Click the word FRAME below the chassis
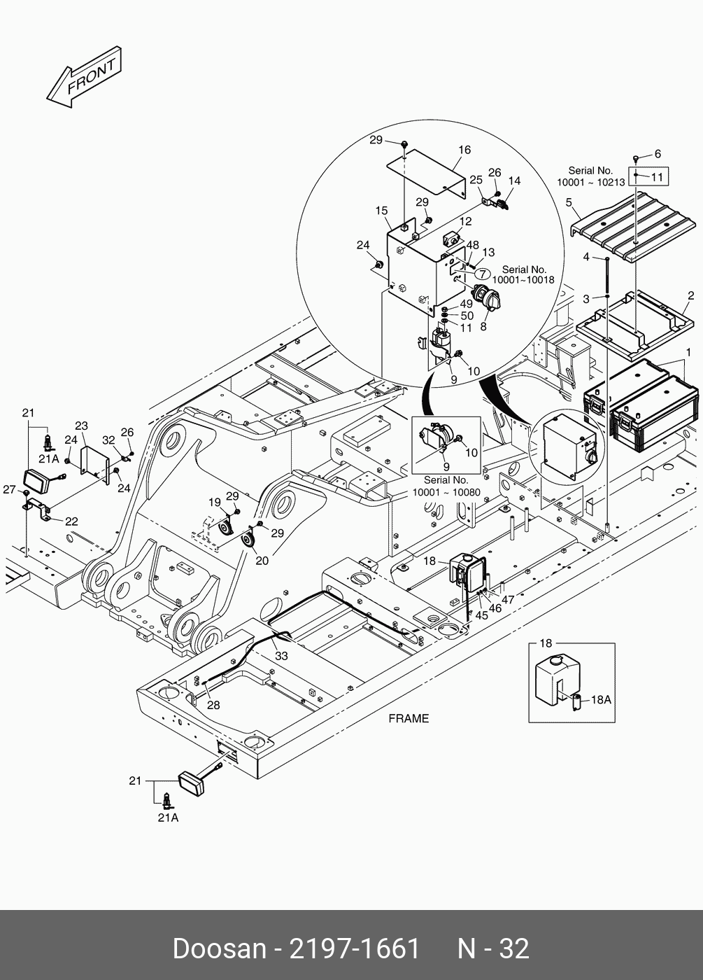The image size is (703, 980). coord(409,718)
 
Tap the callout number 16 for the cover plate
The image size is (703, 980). coord(464,150)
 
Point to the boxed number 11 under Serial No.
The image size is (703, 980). coord(656,176)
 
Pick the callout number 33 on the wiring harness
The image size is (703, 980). coord(281,656)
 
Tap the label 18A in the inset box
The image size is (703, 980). coord(602,699)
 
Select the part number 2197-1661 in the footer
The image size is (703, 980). coord(355,948)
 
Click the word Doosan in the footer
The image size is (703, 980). coord(219,948)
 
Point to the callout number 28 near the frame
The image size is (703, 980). coord(213,705)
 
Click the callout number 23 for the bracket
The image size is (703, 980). coord(81,426)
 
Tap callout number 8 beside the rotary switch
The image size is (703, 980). coord(483,325)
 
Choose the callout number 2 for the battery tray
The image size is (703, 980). coord(690,296)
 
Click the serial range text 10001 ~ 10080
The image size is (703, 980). coord(446,492)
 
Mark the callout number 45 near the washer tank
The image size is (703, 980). coord(481,615)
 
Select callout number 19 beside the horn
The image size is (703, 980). coord(215,502)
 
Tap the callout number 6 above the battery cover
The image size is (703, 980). coord(657,154)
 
